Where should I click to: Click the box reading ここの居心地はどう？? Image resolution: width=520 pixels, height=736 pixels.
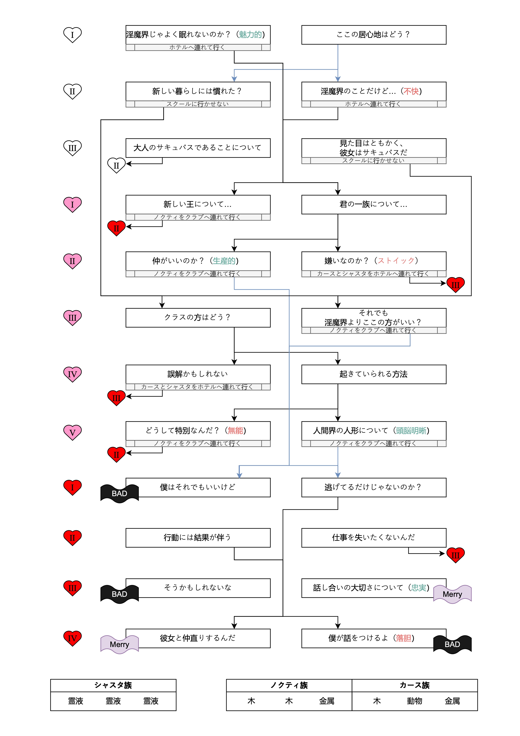[373, 35]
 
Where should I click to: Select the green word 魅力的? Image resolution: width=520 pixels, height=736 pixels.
[250, 35]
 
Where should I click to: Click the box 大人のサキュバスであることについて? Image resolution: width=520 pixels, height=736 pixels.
[198, 148]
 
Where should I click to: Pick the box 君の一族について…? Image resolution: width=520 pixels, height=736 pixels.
[373, 204]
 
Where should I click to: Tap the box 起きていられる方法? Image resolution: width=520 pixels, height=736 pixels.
[373, 374]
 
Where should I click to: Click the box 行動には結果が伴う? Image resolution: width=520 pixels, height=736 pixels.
[198, 538]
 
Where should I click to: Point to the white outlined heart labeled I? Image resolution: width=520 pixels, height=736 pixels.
[72, 35]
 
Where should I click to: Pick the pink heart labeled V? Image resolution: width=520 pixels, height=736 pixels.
[72, 432]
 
